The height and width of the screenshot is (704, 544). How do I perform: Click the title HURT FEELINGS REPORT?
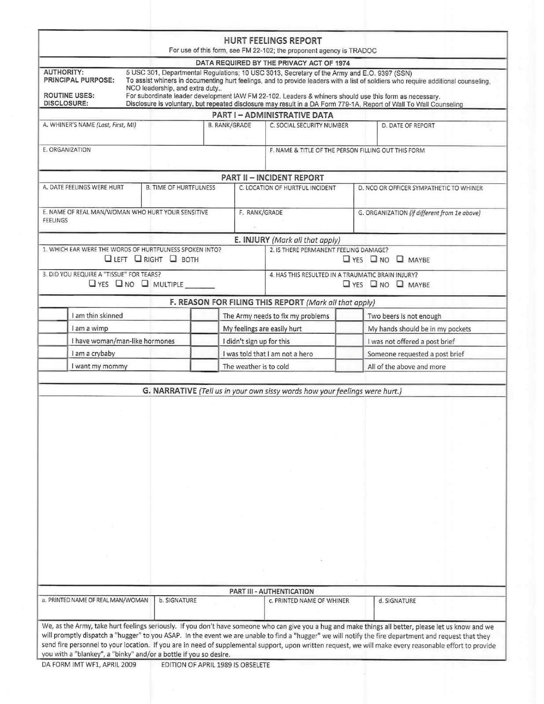coord(272,40)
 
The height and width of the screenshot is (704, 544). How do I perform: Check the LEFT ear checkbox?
coord(108,259)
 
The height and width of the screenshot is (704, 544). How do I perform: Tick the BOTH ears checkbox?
coord(173,259)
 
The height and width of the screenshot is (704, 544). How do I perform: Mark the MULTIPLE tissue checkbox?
coord(145,284)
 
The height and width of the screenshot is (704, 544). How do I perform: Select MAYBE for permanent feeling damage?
coord(400,259)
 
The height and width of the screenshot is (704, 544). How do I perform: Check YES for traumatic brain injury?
coord(347,284)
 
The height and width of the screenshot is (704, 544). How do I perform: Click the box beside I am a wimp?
coord(53,328)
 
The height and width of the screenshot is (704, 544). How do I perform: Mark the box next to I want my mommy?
coord(53,366)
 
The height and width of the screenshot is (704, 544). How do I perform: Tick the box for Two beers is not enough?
coord(349,315)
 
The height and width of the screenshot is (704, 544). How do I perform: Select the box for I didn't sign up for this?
coord(205,341)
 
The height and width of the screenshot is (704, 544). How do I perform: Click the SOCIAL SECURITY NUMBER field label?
coord(309,125)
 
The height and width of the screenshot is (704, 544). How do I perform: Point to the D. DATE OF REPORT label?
coord(408,125)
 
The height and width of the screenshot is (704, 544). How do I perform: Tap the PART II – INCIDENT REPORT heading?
coord(272,177)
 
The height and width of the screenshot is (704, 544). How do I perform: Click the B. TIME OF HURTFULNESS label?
coord(180,187)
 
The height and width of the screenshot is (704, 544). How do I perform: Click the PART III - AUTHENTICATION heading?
coord(272,591)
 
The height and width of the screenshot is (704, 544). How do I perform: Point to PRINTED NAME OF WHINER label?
coord(309,601)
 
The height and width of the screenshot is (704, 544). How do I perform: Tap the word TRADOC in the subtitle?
coord(363,51)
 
